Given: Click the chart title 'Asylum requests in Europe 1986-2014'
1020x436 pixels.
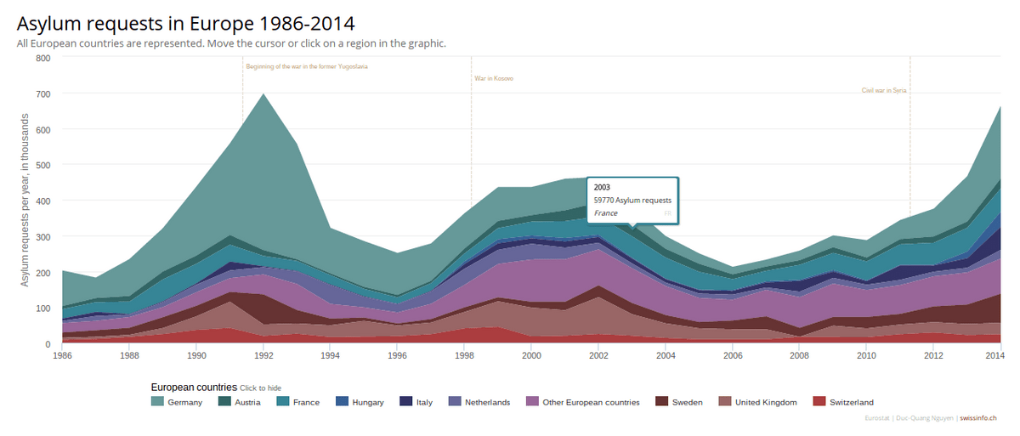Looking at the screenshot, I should tap(186, 23).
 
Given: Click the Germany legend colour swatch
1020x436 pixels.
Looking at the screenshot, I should tap(157, 402).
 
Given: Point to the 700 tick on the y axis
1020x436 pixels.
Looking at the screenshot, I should tap(42, 93).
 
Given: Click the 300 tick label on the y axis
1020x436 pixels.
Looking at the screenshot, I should tap(42, 236).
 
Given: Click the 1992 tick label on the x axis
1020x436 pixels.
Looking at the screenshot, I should tap(263, 356).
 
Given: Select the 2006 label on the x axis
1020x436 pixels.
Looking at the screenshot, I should tap(732, 356).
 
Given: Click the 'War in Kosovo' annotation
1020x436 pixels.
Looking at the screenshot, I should tap(494, 79).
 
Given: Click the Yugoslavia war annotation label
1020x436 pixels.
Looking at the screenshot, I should tap(307, 66).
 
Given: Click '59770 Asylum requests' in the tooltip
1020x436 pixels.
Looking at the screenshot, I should tap(632, 201).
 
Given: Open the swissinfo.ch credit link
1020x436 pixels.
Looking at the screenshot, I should tap(977, 418).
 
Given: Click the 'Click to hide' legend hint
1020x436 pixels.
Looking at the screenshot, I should tap(261, 388).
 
